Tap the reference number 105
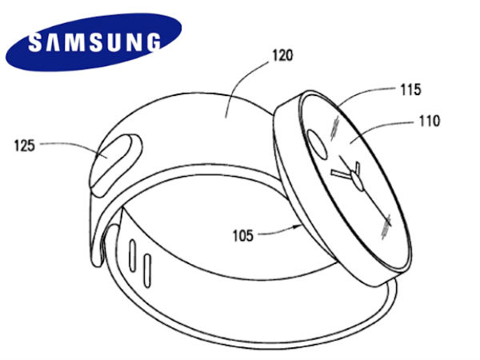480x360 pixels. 243,236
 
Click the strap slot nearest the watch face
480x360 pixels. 148,265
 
